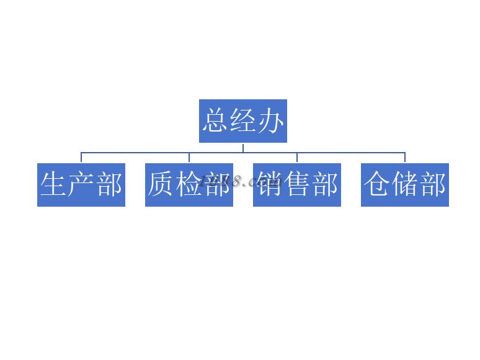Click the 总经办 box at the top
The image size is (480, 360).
coord(243,121)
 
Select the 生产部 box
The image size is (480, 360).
coord(81,185)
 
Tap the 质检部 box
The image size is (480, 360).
coord(189,185)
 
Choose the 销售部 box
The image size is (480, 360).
coord(297,185)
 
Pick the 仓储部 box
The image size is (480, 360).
coord(405,185)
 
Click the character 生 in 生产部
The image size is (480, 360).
coord(53,185)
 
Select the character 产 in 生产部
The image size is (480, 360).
coord(81,185)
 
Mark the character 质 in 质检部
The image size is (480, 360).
coord(161,185)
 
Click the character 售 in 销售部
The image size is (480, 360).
coord(297,185)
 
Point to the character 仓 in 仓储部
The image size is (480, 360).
coord(377,185)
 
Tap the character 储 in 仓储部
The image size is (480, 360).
coord(405,185)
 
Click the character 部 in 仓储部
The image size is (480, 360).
coord(433,185)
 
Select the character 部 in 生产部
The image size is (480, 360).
coord(109,185)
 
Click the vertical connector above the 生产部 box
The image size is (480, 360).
coord(81,158)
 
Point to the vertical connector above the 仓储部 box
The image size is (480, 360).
coord(405,158)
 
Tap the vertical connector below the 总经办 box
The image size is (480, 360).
coord(243,147)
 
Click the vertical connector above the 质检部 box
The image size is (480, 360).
coord(189,158)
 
